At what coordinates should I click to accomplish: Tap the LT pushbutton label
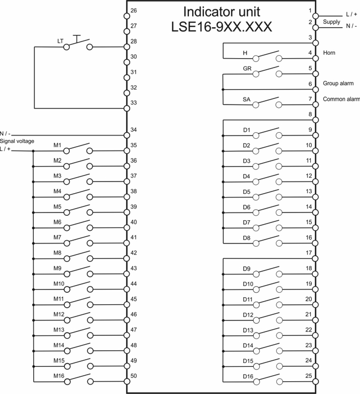click(x=60, y=41)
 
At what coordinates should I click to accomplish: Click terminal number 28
click(x=133, y=41)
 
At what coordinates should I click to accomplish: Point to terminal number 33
click(x=133, y=102)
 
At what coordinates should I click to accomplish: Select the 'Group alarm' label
click(x=338, y=84)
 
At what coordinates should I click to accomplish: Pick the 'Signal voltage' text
click(x=17, y=141)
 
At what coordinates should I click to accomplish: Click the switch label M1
click(x=57, y=145)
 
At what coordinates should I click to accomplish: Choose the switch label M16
click(x=59, y=376)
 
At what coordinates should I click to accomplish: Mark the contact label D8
click(x=247, y=238)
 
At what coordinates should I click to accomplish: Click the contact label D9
click(x=247, y=268)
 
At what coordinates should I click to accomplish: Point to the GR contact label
click(x=248, y=69)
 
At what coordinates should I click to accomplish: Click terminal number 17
click(x=308, y=253)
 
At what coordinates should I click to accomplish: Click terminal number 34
click(x=133, y=130)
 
